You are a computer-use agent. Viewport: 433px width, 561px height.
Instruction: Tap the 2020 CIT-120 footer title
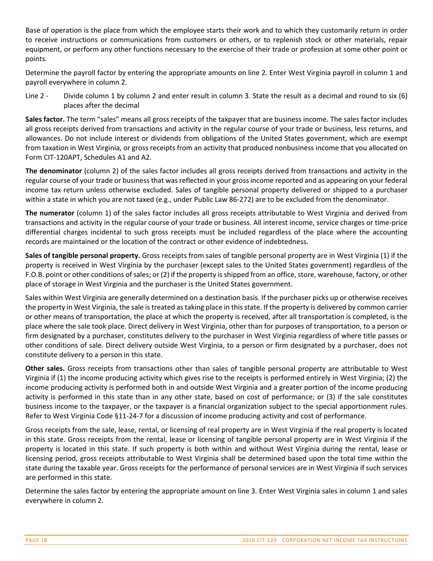(325, 540)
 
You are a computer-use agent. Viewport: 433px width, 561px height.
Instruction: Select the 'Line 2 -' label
(37, 96)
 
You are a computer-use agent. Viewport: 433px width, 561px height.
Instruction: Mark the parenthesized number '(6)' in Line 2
(402, 96)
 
